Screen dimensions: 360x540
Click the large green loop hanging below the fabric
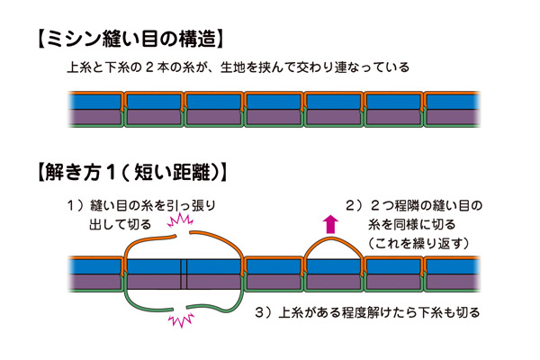184,297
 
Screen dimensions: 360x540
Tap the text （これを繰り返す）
422,242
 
